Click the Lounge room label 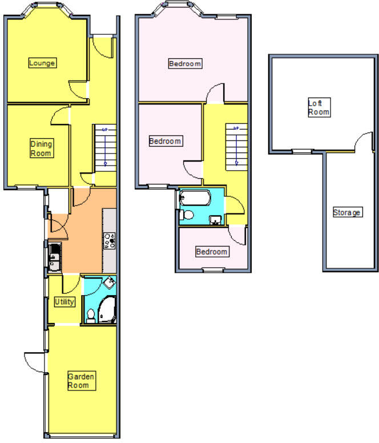(42, 63)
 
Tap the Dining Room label (41, 149)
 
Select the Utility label (64, 301)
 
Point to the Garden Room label (80, 381)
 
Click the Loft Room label (319, 107)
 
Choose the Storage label (347, 212)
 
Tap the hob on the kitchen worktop (110, 241)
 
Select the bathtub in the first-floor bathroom (193, 198)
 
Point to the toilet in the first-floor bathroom (186, 215)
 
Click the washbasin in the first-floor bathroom (216, 220)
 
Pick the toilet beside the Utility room (90, 315)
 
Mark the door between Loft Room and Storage (360, 143)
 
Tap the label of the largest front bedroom (185, 63)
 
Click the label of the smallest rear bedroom (212, 251)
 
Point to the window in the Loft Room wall (303, 151)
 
